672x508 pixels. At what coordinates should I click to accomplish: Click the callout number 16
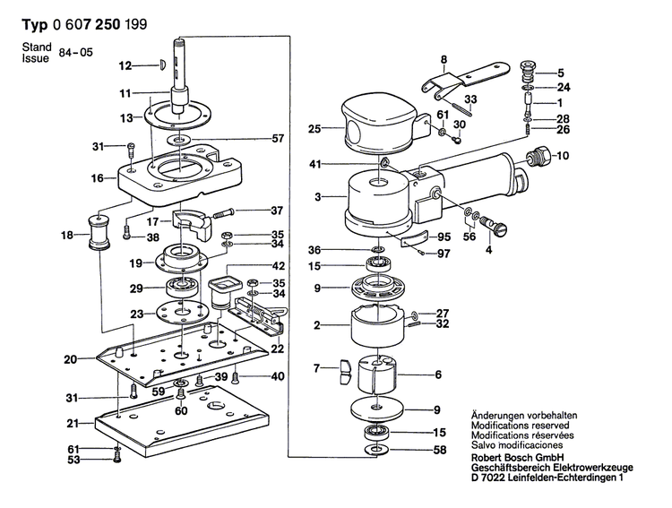pos(97,178)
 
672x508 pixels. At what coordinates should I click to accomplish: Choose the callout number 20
pos(70,360)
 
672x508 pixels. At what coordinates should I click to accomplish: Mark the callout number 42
pos(279,265)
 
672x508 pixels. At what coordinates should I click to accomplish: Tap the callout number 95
pos(442,237)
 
